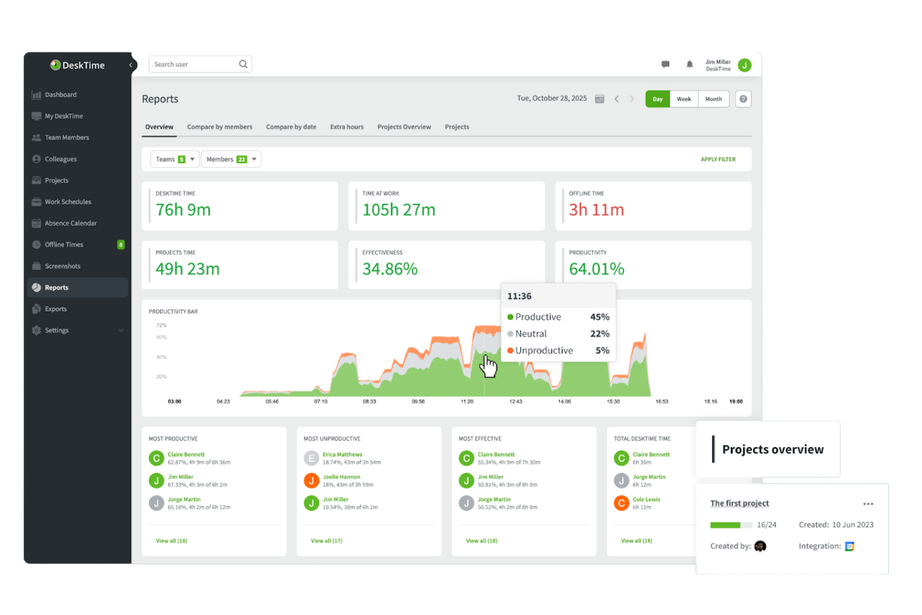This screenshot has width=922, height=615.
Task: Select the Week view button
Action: (x=683, y=99)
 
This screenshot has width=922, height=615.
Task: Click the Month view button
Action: (x=713, y=99)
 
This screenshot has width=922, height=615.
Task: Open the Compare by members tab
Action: (x=219, y=127)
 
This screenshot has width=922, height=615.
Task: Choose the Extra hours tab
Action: (x=346, y=127)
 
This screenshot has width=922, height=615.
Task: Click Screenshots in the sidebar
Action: (x=62, y=266)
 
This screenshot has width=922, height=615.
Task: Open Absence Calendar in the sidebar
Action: (x=70, y=223)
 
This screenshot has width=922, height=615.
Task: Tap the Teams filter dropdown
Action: (x=174, y=160)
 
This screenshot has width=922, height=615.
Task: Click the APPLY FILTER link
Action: (x=718, y=160)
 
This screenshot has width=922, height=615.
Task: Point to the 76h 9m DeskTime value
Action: (x=183, y=210)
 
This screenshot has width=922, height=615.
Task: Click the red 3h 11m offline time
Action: (x=596, y=210)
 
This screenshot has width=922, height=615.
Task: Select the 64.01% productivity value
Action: (x=596, y=269)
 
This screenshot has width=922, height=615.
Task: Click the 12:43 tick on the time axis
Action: (x=515, y=402)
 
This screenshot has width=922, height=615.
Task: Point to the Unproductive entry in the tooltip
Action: (x=543, y=351)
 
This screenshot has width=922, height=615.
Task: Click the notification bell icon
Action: (x=690, y=64)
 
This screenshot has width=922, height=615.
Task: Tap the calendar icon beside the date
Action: (x=599, y=99)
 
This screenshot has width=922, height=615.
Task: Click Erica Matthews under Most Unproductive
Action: (x=342, y=455)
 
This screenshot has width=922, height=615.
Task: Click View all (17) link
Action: (x=326, y=541)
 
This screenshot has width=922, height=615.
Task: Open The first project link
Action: (x=739, y=503)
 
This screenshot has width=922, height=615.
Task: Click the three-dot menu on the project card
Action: (x=868, y=504)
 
